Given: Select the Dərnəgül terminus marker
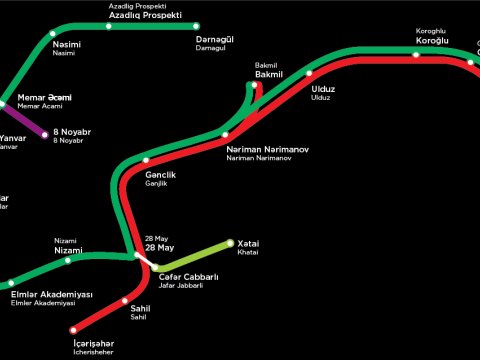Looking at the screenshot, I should coord(196,26).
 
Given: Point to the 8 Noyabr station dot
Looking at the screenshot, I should coord(45,134).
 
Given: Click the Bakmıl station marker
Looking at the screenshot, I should coord(256,84).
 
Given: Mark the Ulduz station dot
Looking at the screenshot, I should coord(309,73).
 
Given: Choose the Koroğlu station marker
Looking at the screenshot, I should coord(416,54).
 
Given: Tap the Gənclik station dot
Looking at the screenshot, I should coord(146,160).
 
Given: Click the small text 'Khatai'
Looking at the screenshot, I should coord(247,252).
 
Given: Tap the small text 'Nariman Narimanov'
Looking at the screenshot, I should coord(260,159).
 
